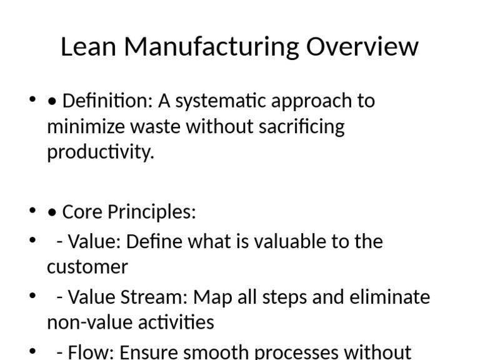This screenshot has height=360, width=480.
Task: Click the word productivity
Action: pyautogui.click(x=100, y=152)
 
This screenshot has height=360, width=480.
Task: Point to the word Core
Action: pyautogui.click(x=83, y=212)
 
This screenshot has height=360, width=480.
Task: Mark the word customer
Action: pyautogui.click(x=87, y=267)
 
